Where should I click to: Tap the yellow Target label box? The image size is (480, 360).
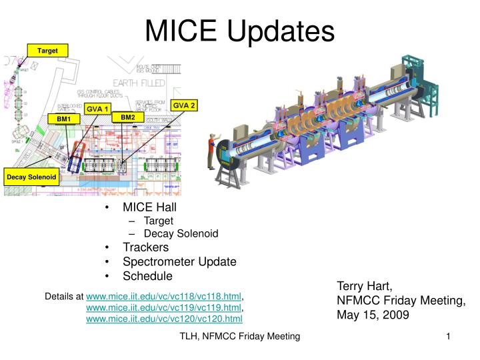(47, 50)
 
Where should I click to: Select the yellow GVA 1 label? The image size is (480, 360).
(97, 108)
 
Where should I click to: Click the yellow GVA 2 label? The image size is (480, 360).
(184, 105)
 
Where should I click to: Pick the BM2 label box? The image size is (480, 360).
(127, 117)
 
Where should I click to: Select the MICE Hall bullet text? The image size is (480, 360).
(149, 207)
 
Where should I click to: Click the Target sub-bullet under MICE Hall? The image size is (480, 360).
(158, 221)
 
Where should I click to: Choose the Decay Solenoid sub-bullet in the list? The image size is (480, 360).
(181, 233)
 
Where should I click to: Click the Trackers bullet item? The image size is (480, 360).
(145, 247)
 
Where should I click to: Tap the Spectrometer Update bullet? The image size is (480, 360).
(179, 261)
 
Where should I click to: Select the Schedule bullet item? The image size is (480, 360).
(147, 275)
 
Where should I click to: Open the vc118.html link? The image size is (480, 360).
(164, 295)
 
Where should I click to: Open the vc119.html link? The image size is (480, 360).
(164, 307)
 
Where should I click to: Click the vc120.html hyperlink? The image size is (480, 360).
(164, 319)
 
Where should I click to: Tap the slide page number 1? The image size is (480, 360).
(449, 338)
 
